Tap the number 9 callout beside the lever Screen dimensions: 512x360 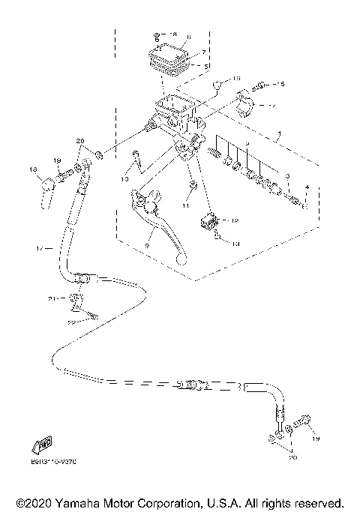click(148, 244)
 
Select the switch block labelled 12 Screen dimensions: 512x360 click(208, 221)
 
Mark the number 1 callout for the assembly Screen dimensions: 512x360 click(280, 136)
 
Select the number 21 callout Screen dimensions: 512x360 click(52, 298)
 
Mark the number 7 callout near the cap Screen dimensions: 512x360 click(203, 52)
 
